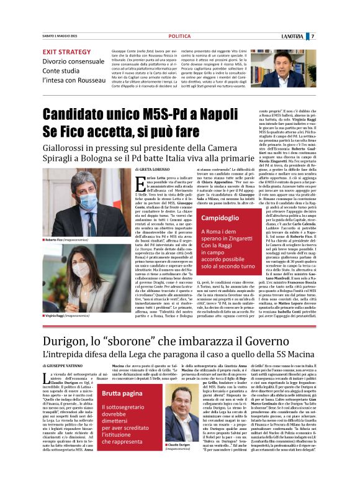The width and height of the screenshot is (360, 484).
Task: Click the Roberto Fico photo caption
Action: [x=69, y=240]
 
